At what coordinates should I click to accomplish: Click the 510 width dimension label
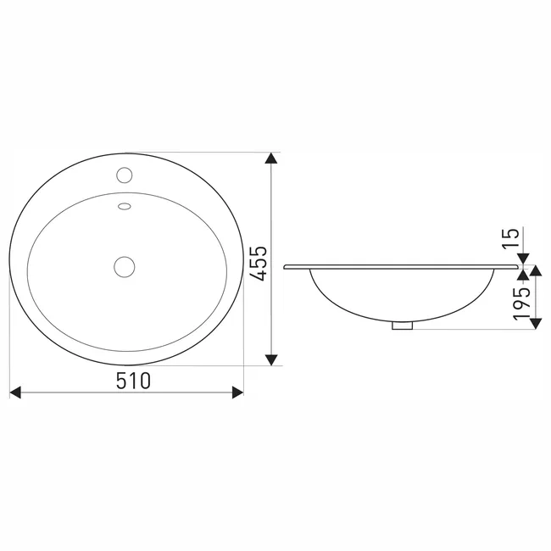[x=133, y=381]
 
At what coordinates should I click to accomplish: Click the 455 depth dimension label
[x=260, y=264]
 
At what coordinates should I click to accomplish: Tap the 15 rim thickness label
[x=511, y=239]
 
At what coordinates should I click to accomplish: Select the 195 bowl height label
[x=521, y=303]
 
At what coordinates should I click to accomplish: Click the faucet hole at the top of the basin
[x=125, y=175]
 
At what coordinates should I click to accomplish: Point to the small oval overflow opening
[x=125, y=206]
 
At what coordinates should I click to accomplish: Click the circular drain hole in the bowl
[x=125, y=267]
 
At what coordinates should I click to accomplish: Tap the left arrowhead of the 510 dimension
[x=15, y=392]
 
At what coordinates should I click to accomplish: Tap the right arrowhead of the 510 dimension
[x=238, y=392]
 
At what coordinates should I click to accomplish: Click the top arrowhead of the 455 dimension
[x=271, y=159]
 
